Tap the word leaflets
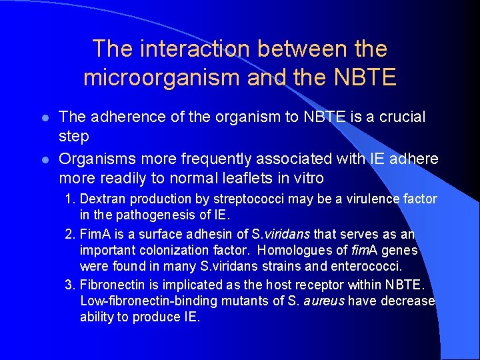253,178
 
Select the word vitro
306,178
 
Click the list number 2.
69,235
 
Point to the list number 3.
69,285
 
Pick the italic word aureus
324,301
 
